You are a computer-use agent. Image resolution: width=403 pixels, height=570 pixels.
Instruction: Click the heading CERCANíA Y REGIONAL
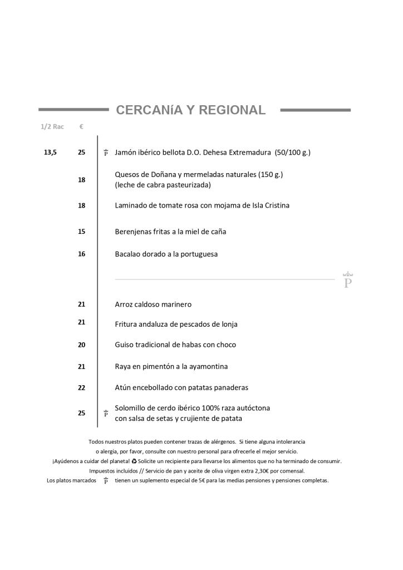click(x=191, y=110)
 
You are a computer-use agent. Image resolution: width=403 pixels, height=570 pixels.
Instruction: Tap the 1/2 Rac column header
click(x=52, y=127)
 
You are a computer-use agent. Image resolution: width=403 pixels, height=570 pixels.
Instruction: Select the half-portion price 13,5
click(x=50, y=152)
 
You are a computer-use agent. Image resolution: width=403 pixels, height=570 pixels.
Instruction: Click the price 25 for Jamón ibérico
click(x=82, y=152)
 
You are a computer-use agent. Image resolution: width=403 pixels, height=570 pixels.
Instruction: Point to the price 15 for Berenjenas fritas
click(x=82, y=232)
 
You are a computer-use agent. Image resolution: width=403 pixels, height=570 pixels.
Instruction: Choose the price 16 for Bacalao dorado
click(x=82, y=254)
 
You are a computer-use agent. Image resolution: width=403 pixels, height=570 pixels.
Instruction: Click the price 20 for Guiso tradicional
click(x=82, y=345)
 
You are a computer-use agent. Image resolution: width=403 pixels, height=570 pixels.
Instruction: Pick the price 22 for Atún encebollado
click(x=82, y=387)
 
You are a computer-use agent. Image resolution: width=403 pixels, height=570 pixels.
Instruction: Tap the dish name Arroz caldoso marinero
click(x=153, y=304)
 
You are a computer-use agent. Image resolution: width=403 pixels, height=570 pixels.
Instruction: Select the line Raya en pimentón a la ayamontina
click(x=171, y=366)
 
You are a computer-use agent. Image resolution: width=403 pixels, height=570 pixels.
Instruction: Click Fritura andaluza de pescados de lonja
click(x=176, y=324)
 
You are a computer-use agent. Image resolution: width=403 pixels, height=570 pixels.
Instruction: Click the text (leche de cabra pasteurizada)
click(x=163, y=185)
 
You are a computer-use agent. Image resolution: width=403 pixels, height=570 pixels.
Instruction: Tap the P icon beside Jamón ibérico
click(x=106, y=153)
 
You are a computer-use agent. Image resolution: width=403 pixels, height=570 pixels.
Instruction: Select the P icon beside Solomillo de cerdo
click(x=106, y=413)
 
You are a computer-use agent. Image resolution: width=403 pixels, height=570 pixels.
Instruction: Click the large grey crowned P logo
click(x=348, y=280)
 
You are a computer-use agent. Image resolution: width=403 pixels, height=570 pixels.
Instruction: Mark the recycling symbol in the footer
click(x=134, y=461)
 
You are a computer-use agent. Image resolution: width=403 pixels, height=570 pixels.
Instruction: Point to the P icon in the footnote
click(x=106, y=480)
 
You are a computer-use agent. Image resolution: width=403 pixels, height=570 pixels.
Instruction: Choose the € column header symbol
click(x=81, y=127)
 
